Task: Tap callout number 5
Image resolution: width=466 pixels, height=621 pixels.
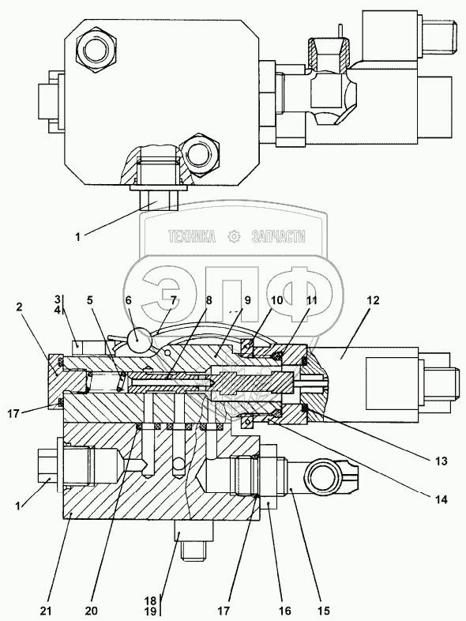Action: pyautogui.click(x=91, y=300)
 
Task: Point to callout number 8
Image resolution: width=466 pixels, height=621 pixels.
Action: pyautogui.click(x=209, y=300)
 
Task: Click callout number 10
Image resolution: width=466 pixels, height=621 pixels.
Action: pyautogui.click(x=277, y=300)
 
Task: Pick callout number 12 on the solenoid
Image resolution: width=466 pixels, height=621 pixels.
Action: pyautogui.click(x=373, y=300)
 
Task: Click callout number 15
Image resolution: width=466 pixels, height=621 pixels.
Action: pyautogui.click(x=323, y=611)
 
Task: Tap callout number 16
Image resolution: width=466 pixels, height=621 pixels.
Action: pyautogui.click(x=285, y=611)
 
